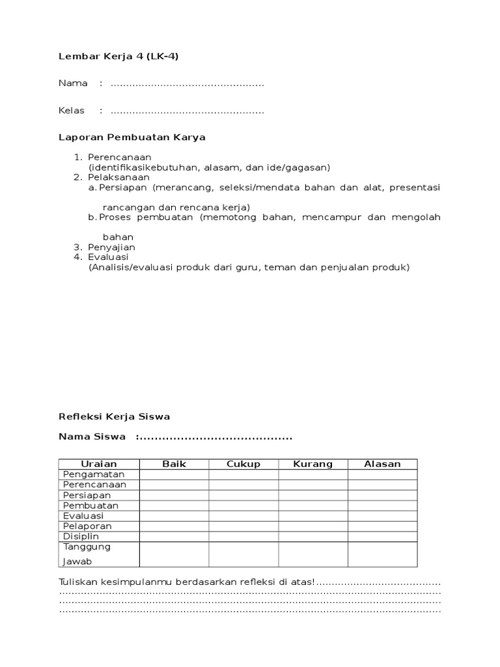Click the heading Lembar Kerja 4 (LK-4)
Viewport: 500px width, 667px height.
118,56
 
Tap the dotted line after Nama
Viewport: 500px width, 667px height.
187,84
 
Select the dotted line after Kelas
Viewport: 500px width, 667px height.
187,111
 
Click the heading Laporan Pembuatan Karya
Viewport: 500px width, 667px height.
132,137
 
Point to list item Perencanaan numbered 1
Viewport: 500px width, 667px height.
120,157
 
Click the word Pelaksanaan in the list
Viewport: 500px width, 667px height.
119,177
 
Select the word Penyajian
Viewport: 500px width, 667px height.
112,248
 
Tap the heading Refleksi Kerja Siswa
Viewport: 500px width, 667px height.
114,417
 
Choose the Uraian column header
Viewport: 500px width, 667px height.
99,464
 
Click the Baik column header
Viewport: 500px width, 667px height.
174,464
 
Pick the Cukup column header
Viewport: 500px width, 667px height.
243,464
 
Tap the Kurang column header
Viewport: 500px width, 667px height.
313,464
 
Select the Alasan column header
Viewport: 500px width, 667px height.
383,464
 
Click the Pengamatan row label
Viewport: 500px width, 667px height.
94,474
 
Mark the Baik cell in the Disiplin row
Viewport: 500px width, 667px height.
174,537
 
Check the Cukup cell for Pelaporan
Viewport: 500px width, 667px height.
243,526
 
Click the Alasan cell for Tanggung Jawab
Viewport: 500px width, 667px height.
383,554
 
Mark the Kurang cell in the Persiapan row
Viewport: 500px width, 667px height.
313,495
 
